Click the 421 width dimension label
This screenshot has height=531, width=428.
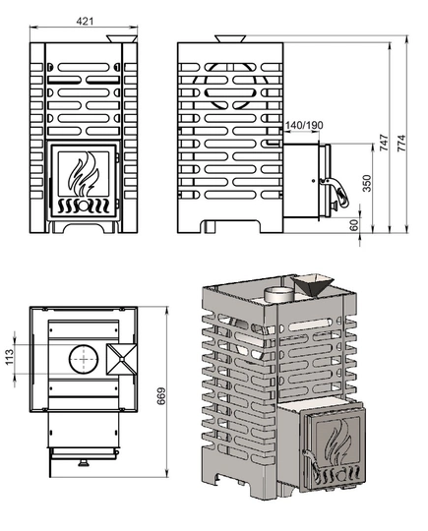tap(85, 21)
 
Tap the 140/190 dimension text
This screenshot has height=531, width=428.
tap(304, 125)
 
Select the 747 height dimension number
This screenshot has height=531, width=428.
tap(384, 143)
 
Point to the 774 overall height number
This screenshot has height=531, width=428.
tap(400, 143)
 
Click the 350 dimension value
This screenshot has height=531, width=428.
tap(367, 183)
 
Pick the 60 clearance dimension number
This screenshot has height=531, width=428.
tap(354, 225)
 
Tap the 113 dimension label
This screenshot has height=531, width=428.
tap(10, 357)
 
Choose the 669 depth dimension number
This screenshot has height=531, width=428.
tap(161, 395)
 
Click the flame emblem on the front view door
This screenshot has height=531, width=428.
tap(84, 174)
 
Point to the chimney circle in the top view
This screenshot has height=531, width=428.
tap(84, 359)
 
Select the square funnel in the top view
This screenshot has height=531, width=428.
tap(122, 359)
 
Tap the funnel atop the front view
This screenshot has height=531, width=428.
tap(122, 38)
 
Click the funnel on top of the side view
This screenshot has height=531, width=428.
tap(230, 38)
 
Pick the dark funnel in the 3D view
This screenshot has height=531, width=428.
tap(313, 285)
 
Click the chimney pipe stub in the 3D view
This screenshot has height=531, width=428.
tap(277, 295)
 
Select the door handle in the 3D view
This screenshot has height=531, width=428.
tap(310, 464)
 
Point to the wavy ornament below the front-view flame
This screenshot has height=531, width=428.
tap(84, 206)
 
